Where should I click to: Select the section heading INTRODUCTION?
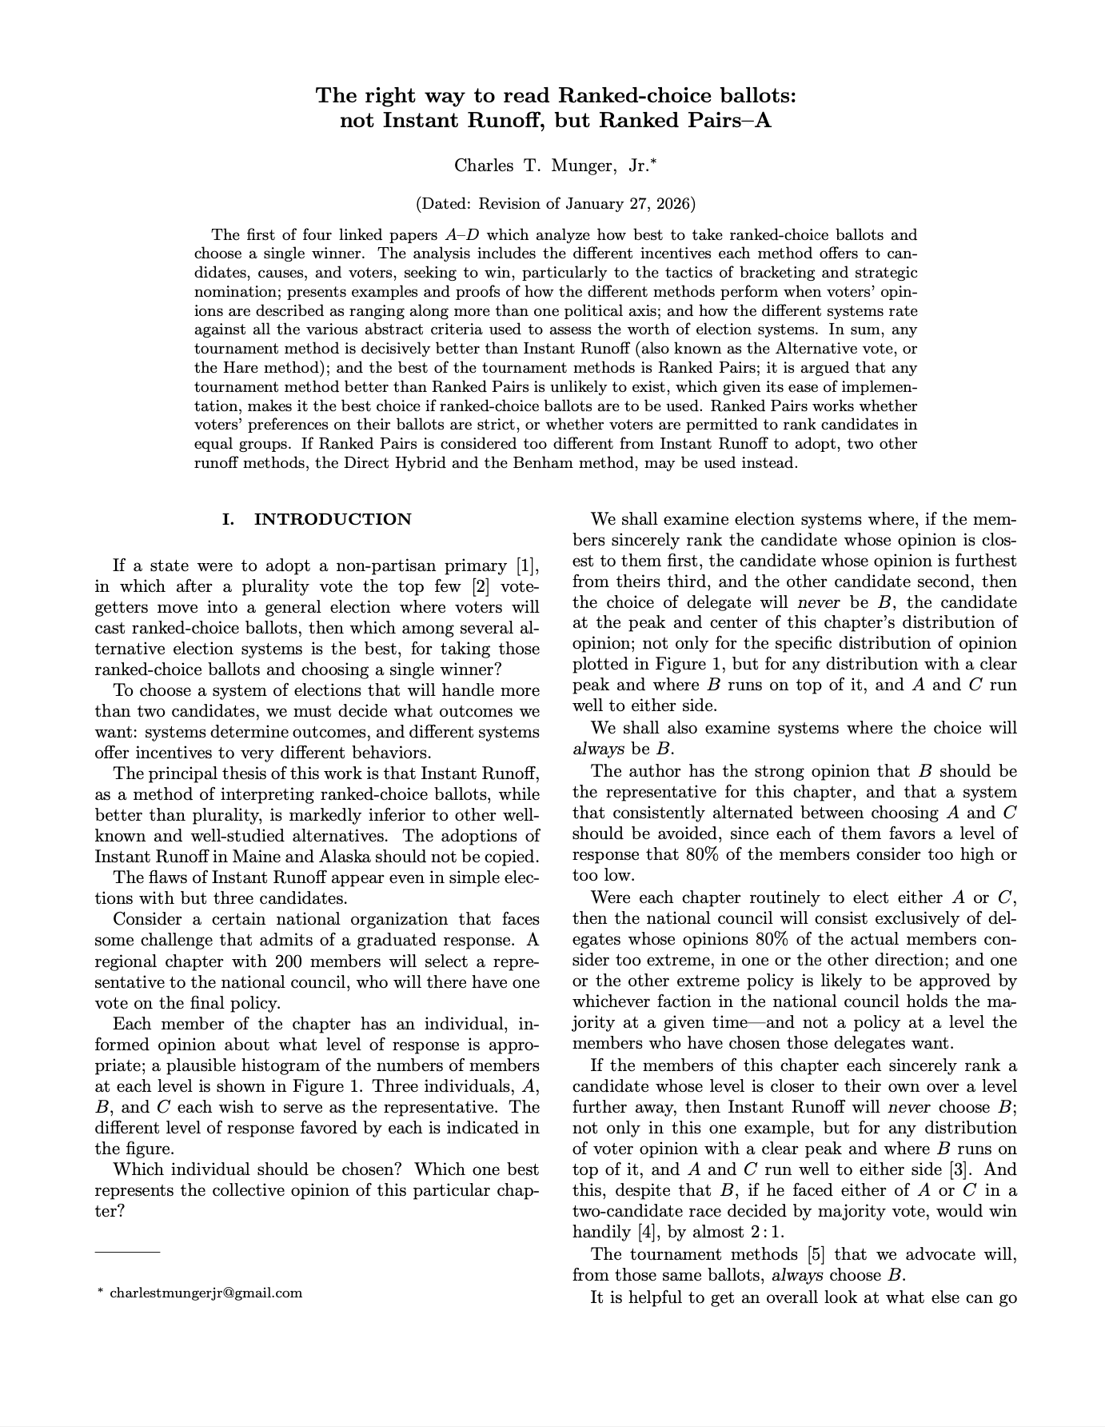333,519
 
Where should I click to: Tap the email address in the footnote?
205,1293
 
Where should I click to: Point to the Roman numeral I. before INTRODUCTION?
229,519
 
